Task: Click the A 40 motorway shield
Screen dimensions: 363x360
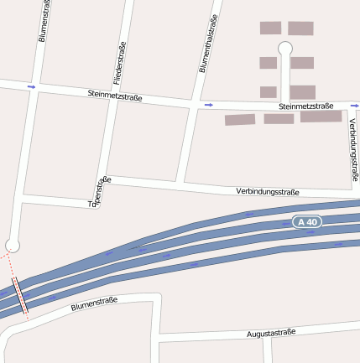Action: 307,222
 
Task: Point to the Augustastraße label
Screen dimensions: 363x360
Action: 272,334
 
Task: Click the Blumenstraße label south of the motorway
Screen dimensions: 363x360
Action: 94,304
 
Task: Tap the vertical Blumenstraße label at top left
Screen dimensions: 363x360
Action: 44,22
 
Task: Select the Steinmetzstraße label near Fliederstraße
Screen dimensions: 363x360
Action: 114,96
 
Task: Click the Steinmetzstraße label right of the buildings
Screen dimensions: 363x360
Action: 305,106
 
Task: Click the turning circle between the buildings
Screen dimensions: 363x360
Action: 285,48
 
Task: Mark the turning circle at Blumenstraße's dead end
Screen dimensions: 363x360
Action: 12,245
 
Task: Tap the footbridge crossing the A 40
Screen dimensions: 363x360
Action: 20,297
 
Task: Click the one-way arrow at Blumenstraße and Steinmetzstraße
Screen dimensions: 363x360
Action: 31,86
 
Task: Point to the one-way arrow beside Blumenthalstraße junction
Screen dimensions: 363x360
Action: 208,105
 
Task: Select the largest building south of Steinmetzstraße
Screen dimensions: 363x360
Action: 321,117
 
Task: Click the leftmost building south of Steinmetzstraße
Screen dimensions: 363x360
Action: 239,120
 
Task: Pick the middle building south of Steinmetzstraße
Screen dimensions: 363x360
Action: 279,119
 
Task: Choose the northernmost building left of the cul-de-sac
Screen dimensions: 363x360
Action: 270,28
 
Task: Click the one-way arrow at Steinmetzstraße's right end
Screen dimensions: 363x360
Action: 351,106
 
